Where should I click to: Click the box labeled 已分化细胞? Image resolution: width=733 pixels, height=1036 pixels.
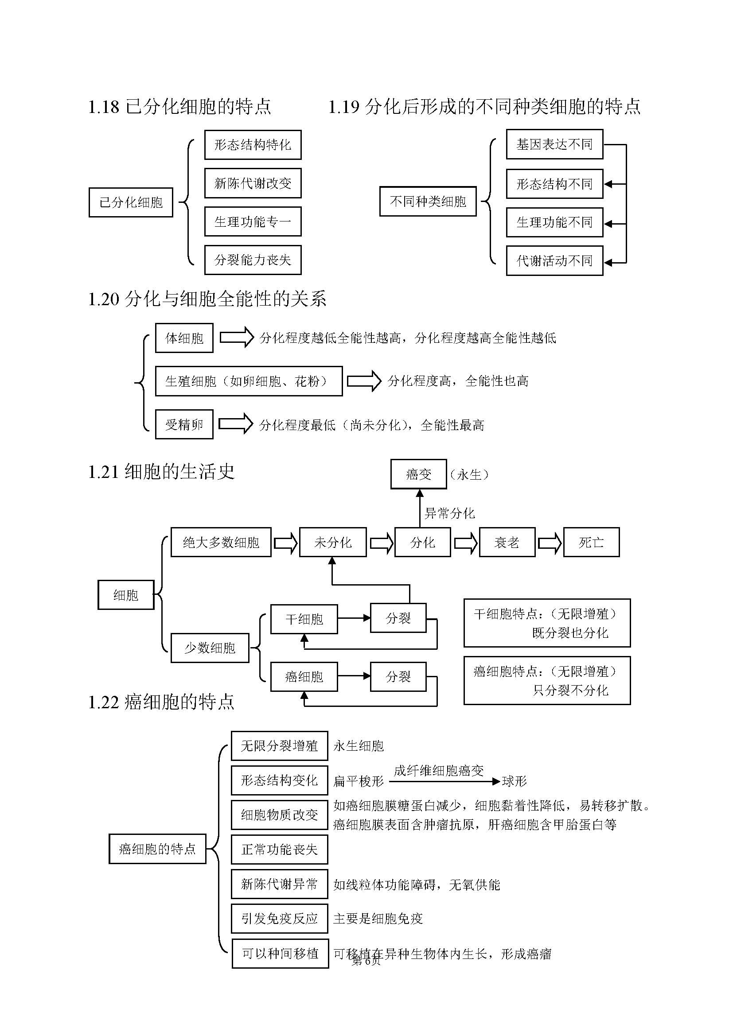tap(130, 202)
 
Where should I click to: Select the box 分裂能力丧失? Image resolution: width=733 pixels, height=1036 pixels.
tap(253, 260)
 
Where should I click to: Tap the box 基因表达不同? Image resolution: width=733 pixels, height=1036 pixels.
tap(554, 144)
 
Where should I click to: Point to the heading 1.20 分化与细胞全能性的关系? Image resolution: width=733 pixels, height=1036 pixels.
tap(207, 299)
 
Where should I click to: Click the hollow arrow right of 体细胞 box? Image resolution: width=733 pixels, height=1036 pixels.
tap(237, 338)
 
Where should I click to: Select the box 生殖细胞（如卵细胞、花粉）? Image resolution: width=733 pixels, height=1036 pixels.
tap(249, 381)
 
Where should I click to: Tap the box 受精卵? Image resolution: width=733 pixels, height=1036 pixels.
tap(184, 425)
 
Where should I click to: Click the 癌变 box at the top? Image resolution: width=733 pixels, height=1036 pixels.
tap(418, 474)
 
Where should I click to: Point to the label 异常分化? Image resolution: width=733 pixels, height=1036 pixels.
tap(449, 513)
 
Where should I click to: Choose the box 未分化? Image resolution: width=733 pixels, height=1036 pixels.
tap(333, 543)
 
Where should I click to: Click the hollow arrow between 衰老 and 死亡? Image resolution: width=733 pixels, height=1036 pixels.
tap(549, 543)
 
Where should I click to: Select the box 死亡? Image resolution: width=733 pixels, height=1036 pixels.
tap(591, 543)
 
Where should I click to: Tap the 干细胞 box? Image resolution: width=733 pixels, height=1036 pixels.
tap(304, 619)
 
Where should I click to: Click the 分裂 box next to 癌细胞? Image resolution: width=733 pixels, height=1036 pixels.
tap(398, 677)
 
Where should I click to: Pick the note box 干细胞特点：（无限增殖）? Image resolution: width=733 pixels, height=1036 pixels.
tap(546, 623)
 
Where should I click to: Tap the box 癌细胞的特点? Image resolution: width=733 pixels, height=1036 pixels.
tap(157, 849)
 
